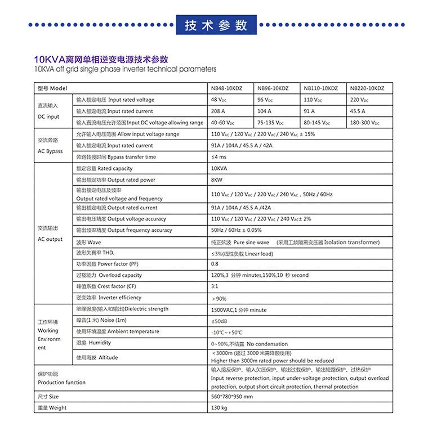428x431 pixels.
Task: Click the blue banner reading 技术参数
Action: tap(216, 25)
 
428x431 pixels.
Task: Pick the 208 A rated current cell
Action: tap(218, 111)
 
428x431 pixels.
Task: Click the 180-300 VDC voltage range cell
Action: tap(364, 123)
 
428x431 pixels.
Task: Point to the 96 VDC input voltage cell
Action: tap(265, 100)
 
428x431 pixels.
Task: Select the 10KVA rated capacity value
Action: tap(219, 168)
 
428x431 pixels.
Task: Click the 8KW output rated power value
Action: tap(217, 180)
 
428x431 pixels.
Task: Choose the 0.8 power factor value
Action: tap(215, 264)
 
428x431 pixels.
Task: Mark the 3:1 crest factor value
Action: tap(215, 286)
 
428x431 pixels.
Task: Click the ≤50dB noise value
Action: tap(219, 321)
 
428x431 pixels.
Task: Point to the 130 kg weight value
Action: tap(219, 407)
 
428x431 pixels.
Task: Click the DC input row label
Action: tap(48, 116)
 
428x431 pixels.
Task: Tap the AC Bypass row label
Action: tap(50, 151)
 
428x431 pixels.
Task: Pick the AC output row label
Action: tap(50, 239)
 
